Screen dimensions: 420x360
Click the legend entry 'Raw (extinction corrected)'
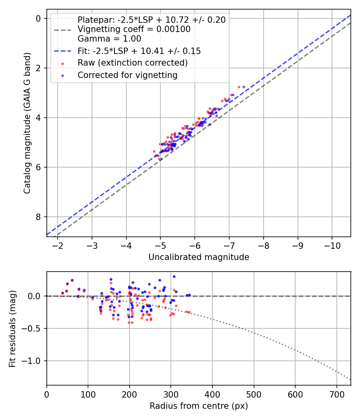tap(132, 63)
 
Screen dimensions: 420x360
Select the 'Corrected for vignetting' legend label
tap(128, 75)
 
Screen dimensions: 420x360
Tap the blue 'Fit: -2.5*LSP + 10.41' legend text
tap(139, 51)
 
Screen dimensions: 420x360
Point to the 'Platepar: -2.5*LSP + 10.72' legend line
tap(152, 20)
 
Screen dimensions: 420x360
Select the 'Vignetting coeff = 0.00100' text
tap(134, 29)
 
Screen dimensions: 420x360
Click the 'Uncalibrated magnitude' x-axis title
tap(199, 257)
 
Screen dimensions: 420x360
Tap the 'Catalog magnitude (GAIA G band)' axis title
tap(27, 122)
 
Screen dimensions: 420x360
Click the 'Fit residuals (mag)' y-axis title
tap(12, 328)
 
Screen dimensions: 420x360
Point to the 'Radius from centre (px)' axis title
tap(199, 406)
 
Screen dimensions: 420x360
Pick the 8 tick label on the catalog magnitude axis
tap(38, 217)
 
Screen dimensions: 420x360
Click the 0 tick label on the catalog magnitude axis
tap(38, 18)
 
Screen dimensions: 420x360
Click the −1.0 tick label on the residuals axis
tap(34, 361)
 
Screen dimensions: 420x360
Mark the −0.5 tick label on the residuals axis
tap(34, 329)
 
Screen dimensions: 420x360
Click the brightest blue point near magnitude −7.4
tap(244, 87)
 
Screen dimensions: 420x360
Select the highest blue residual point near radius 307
tap(174, 276)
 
